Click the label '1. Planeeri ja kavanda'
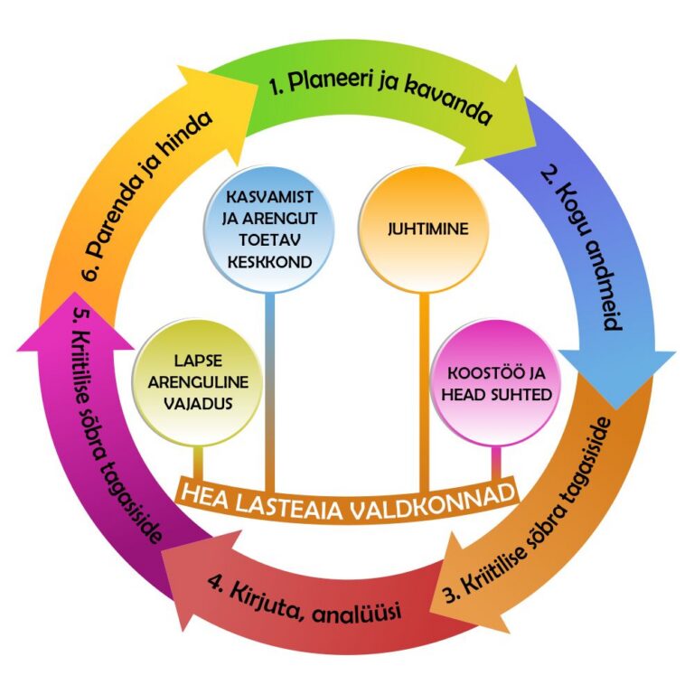[x=380, y=100]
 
